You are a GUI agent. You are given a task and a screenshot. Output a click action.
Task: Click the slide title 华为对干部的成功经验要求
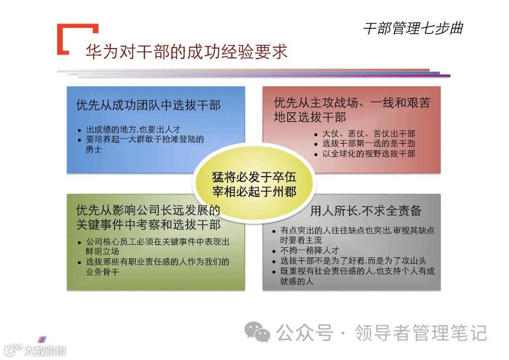coord(186,52)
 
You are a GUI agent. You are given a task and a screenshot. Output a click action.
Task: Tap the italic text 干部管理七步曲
coord(413,29)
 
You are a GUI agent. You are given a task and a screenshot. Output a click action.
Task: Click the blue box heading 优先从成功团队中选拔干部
coord(148,105)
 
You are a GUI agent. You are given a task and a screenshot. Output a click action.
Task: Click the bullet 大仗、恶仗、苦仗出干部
coord(369,134)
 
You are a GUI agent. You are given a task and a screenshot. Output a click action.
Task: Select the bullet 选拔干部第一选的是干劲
coord(369,144)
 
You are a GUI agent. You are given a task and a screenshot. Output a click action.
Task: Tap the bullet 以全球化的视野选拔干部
coord(369,154)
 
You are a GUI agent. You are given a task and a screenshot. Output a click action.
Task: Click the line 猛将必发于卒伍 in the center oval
coord(254,178)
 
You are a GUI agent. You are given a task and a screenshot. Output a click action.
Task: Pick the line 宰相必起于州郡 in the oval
coord(254,192)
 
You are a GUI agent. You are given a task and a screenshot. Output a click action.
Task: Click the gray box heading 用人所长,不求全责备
coord(366,211)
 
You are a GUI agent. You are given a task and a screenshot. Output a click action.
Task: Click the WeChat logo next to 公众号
coord(260,332)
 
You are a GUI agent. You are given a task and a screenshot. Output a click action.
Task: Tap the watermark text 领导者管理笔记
coord(421,333)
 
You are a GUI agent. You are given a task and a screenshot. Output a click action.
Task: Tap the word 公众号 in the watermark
coord(305,333)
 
